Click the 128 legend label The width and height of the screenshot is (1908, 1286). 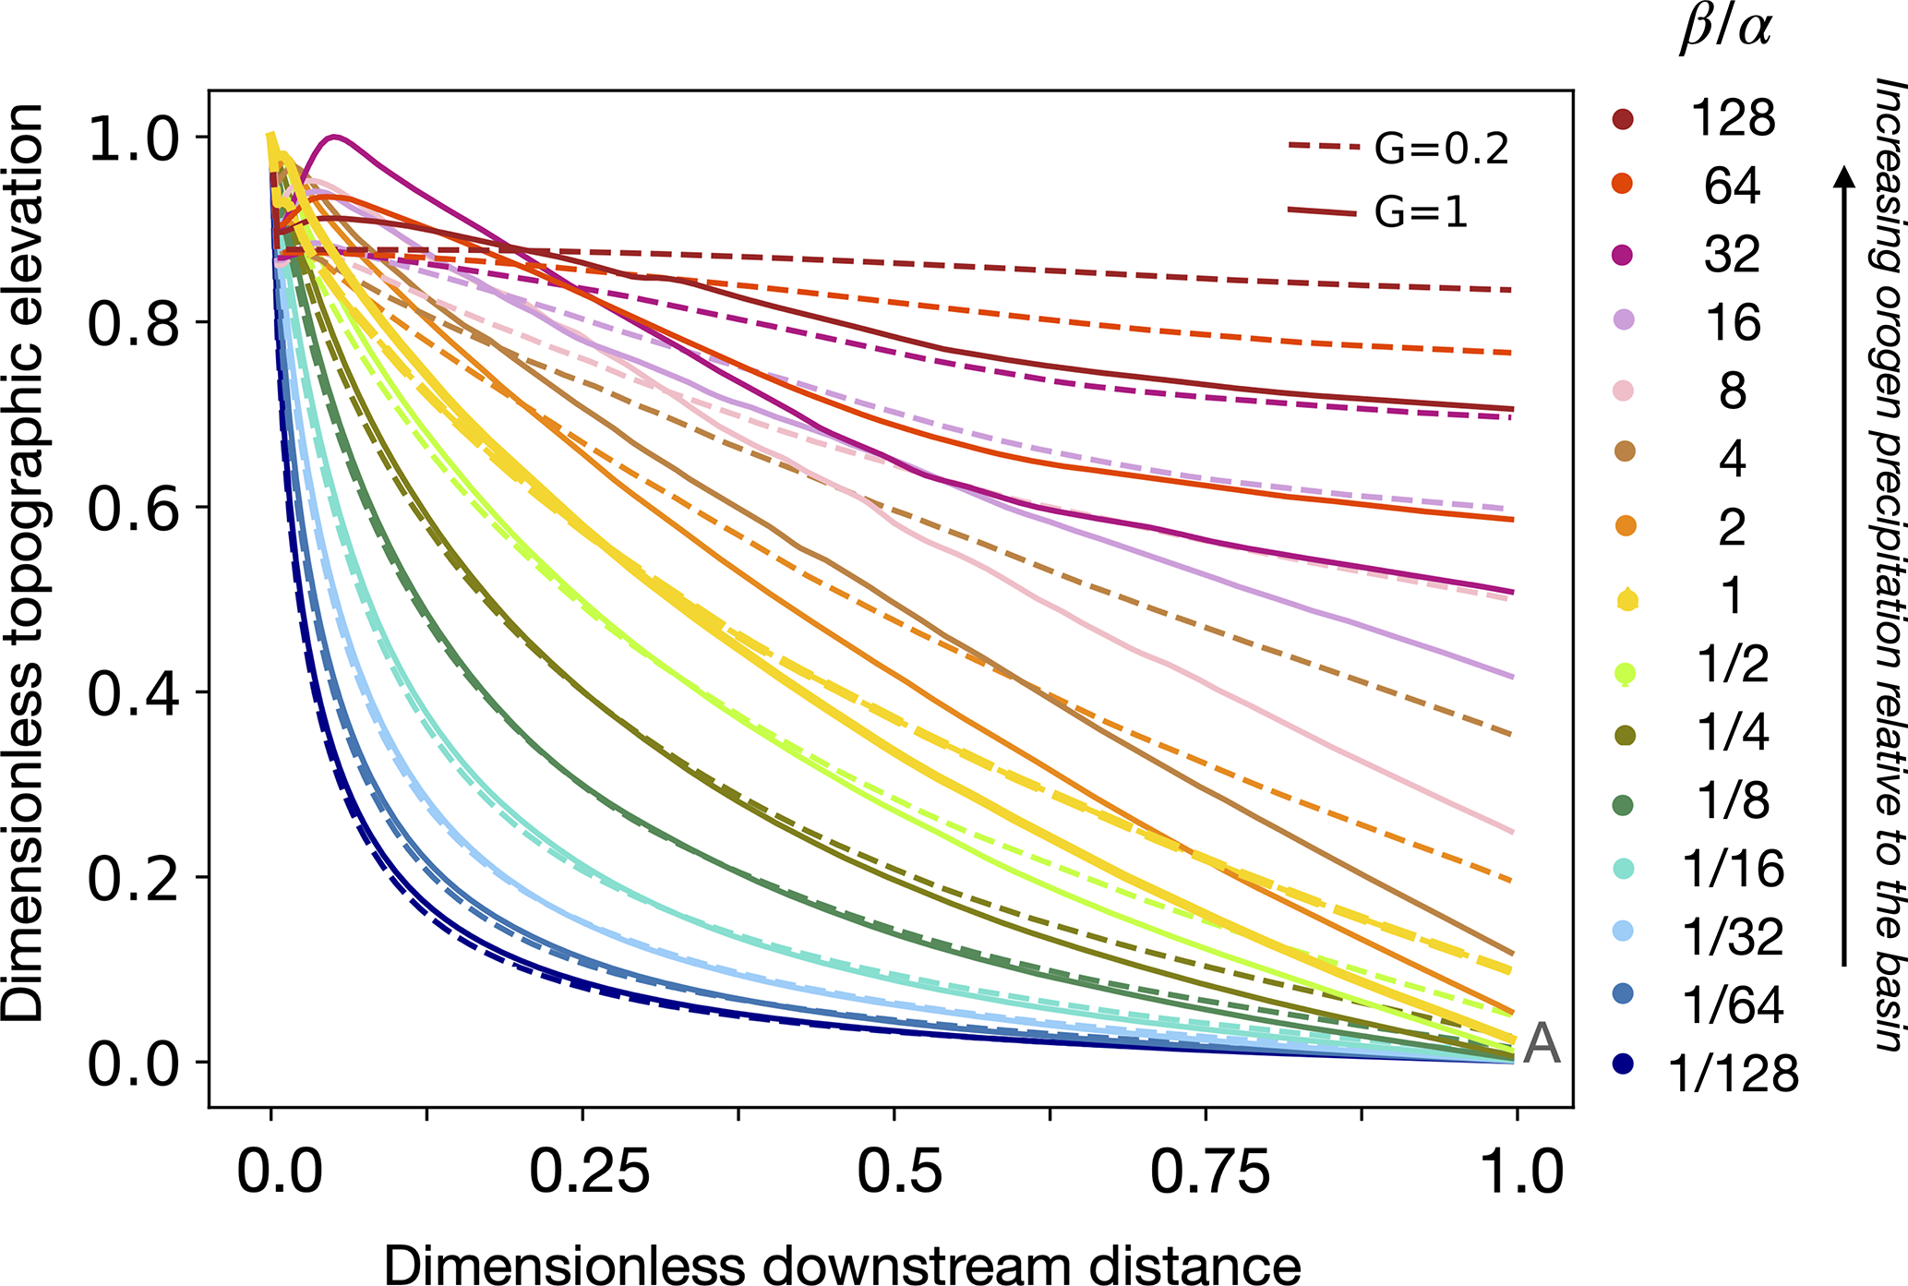click(1733, 118)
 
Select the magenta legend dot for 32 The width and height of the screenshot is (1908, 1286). click(1623, 255)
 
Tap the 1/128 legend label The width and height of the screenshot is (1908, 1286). click(1734, 1074)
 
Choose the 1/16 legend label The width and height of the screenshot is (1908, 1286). click(1734, 869)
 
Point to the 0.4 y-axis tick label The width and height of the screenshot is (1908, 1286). click(133, 693)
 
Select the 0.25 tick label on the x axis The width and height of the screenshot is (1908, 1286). click(589, 1172)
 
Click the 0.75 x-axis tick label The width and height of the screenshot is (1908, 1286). click(1209, 1172)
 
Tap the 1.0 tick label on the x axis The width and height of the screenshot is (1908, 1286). click(1521, 1172)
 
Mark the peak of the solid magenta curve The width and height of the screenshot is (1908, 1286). click(335, 137)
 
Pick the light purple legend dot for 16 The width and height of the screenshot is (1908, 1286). click(1623, 321)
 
